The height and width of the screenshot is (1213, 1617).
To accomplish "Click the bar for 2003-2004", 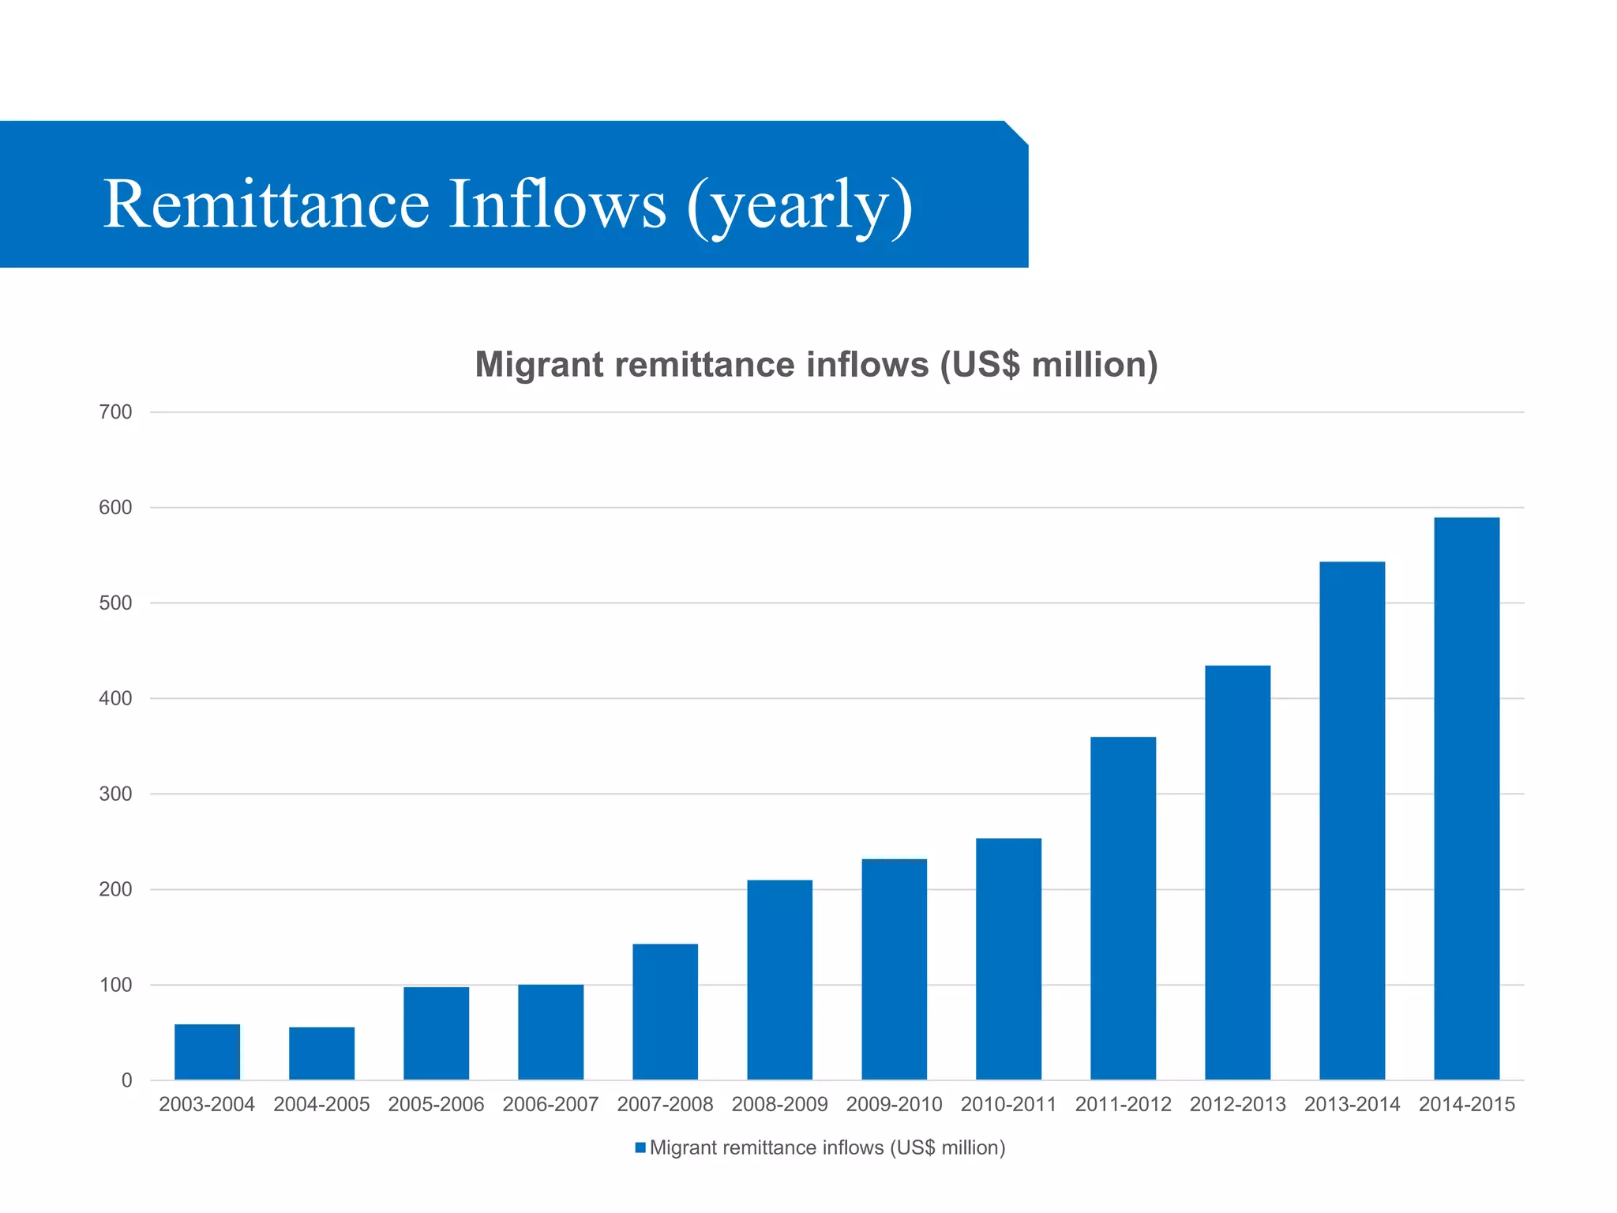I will [x=207, y=1052].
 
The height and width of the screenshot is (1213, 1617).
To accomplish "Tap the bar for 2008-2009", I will [x=779, y=979].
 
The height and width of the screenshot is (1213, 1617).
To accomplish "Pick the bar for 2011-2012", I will [x=1123, y=908].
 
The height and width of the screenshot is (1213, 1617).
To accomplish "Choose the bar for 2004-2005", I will [x=321, y=1053].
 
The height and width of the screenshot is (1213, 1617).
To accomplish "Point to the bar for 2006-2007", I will [x=550, y=1031].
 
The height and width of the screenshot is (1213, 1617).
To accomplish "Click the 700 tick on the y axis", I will [x=115, y=412].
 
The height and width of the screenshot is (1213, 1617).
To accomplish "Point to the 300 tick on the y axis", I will [x=115, y=794].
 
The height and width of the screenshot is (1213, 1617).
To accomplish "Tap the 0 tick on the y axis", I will [x=126, y=1080].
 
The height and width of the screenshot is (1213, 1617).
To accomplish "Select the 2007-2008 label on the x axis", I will [x=665, y=1104].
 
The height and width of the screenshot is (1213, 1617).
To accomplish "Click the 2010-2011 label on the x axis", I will [x=1008, y=1104].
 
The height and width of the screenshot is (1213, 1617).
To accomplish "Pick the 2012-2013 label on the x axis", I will [x=1237, y=1104].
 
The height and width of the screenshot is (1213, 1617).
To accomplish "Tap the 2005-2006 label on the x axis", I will [x=436, y=1104].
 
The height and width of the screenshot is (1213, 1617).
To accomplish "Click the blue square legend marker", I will [x=640, y=1147].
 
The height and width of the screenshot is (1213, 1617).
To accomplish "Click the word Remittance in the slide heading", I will [x=266, y=204].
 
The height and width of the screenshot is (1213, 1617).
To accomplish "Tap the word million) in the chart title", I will [x=1094, y=365].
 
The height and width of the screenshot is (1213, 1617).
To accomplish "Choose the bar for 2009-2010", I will [x=894, y=969].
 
